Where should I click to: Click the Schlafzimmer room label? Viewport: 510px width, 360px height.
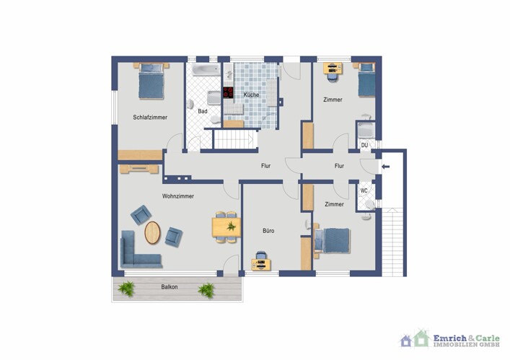150,118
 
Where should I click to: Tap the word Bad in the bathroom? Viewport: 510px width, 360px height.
203,111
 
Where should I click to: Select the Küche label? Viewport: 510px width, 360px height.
252,95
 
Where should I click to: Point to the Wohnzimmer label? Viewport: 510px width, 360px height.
178,196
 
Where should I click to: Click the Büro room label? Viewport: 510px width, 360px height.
268,231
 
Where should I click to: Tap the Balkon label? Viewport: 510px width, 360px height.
170,287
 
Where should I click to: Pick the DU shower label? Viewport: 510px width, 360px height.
364,145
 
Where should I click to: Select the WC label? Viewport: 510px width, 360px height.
364,191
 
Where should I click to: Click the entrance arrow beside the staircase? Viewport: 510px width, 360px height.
385,167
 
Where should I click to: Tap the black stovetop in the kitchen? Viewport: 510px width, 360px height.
228,92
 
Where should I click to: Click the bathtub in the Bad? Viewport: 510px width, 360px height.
206,69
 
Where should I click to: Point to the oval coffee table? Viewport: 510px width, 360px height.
152,232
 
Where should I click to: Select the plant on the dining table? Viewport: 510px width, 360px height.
232,226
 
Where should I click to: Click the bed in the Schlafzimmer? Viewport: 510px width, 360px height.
151,82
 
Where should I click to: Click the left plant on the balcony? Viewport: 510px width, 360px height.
127,289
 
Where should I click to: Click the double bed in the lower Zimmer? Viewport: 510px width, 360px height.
333,241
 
